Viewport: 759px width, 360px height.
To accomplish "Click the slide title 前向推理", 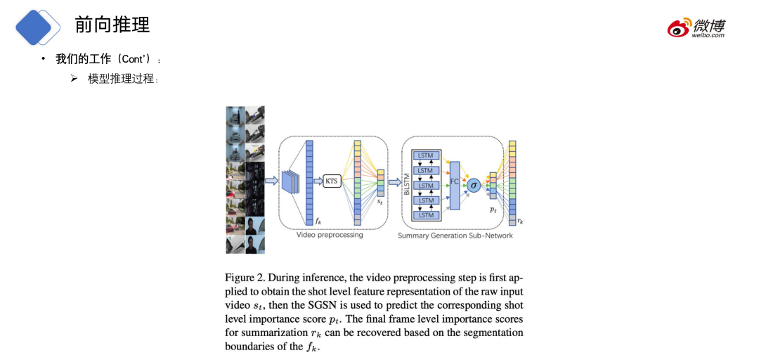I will click(x=112, y=25).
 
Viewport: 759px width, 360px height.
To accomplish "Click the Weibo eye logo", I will click(x=679, y=28).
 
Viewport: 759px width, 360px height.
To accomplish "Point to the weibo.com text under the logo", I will click(x=708, y=35).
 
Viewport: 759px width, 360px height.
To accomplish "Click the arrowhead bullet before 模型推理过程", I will click(x=74, y=79).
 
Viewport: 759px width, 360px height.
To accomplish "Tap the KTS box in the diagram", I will click(x=331, y=181).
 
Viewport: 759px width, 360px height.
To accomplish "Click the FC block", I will click(x=454, y=184).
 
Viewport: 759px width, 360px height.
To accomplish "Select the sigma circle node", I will click(x=474, y=186).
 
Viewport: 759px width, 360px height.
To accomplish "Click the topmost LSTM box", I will click(x=425, y=155).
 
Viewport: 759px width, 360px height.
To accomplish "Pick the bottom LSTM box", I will click(x=425, y=215).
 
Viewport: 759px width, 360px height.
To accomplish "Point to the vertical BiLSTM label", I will click(x=406, y=185).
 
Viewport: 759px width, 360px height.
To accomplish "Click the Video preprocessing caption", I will click(x=330, y=235).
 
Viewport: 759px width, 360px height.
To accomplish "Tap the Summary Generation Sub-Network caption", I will click(x=455, y=236).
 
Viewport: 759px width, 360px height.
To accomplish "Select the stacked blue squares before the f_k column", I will click(x=290, y=181).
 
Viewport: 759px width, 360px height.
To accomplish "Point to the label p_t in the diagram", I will click(x=493, y=210).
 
